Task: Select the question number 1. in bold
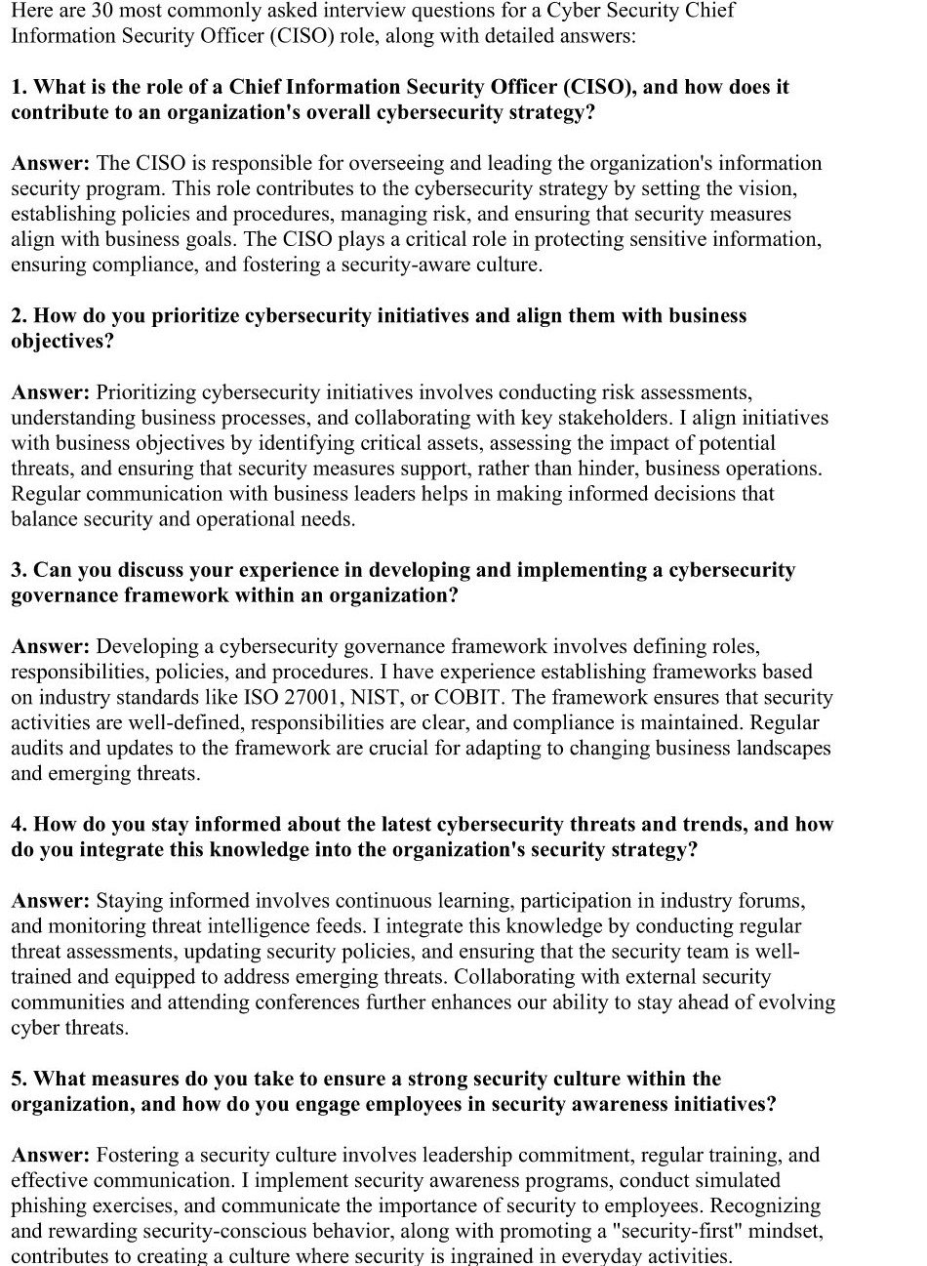19,87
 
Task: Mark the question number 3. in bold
19,570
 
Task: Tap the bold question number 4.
19,824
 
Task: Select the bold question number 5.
19,1079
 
